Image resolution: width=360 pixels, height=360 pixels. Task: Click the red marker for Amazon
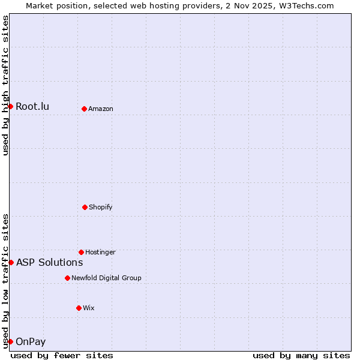84,109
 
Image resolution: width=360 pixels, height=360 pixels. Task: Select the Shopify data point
85,207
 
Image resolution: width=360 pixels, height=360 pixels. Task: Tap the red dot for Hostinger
81,252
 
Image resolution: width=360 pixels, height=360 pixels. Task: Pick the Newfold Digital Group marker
67,278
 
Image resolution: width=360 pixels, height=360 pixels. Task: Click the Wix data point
79,308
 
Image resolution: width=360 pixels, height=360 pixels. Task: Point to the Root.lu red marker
10,106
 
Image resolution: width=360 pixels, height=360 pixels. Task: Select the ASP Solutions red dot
11,262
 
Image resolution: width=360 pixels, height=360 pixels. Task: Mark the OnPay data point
10,341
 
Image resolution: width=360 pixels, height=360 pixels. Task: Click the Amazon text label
101,109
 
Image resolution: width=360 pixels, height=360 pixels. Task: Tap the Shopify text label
101,207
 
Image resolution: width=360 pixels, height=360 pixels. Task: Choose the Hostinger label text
100,252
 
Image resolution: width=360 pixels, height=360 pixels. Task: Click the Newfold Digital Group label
106,278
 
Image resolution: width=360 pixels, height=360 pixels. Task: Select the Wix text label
89,308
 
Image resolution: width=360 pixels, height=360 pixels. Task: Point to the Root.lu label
32,107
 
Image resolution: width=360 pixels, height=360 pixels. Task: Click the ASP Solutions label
49,262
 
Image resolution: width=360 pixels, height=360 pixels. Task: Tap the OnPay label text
31,342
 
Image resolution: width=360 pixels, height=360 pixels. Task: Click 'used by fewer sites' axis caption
62,355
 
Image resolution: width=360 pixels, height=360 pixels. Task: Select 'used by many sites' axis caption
301,355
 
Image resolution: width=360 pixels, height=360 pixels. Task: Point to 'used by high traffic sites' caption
5,85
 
